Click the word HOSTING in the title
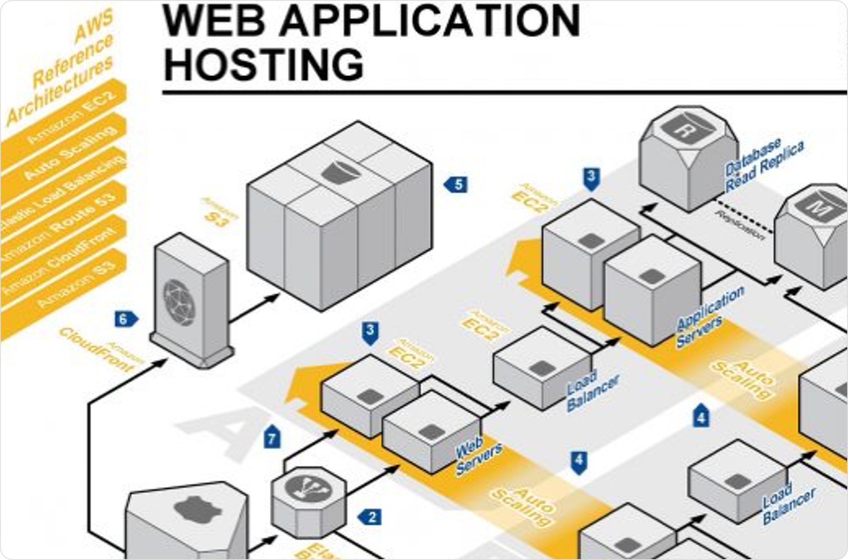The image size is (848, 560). coord(264,65)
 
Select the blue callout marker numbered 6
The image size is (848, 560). coord(125,319)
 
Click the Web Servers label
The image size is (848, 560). coord(477,457)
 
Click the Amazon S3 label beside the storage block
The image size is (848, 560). coord(220,212)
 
